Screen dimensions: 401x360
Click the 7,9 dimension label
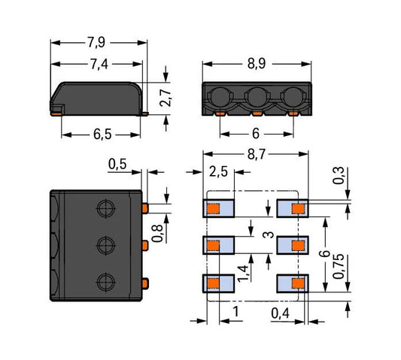(96, 42)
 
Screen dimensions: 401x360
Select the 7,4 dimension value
(99, 64)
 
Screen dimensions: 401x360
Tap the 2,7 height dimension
(166, 98)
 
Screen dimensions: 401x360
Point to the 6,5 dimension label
(102, 134)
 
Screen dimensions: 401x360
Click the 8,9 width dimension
(257, 64)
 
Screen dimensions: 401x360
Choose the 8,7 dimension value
(257, 155)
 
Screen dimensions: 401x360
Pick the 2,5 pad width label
(218, 171)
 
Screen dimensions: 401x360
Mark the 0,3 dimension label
(339, 175)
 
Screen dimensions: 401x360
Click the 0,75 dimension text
(339, 266)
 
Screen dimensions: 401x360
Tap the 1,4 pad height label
(243, 274)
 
